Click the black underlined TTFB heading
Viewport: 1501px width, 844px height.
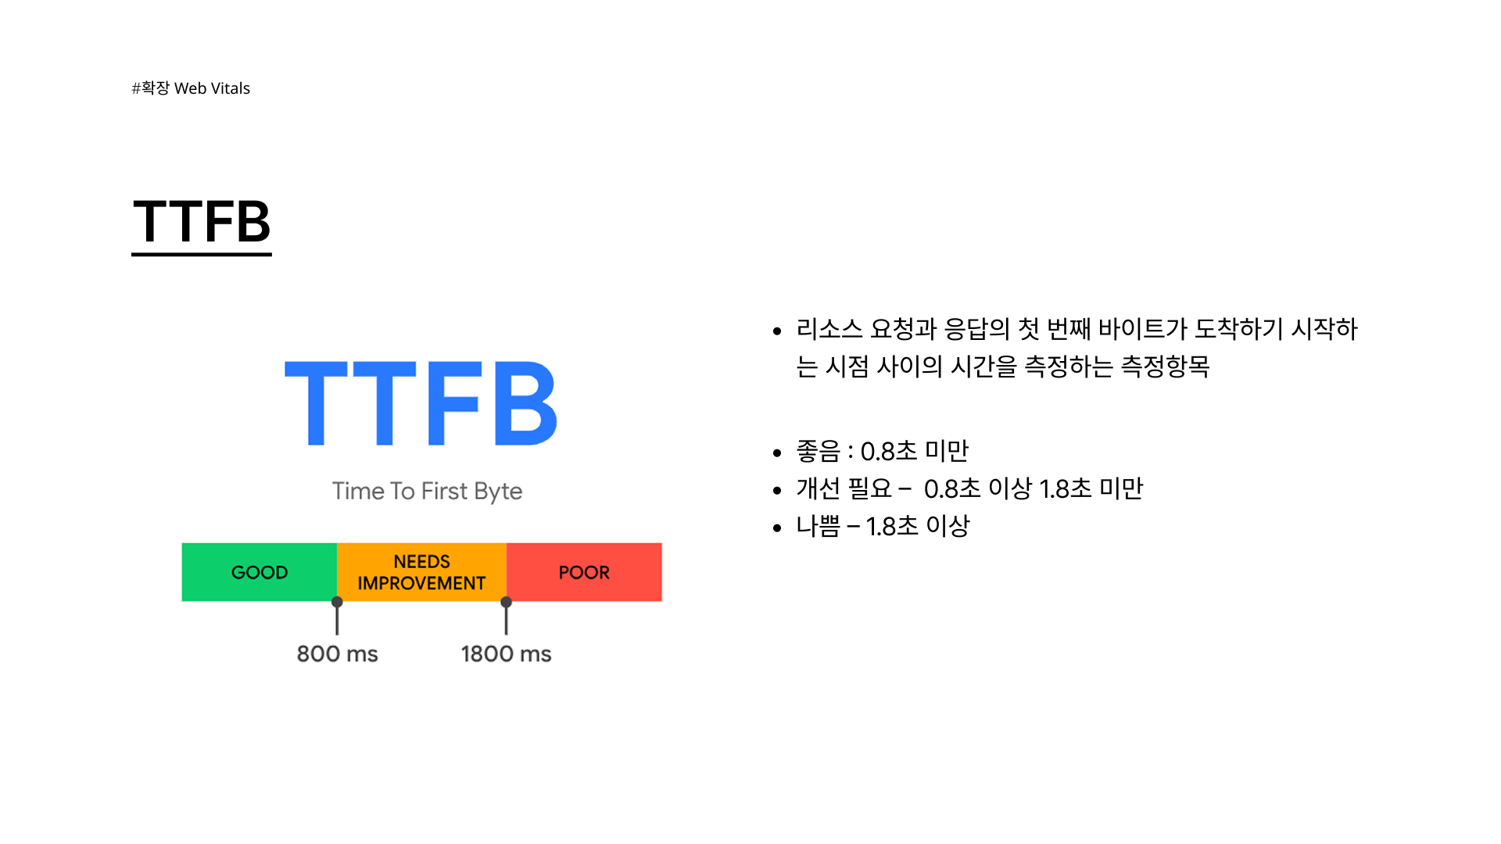202,222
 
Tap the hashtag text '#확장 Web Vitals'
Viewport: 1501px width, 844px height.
191,88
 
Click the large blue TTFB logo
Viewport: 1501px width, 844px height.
421,403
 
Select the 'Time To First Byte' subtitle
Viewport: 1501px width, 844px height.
427,491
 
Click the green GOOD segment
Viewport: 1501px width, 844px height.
260,572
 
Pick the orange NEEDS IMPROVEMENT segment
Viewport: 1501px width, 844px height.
421,572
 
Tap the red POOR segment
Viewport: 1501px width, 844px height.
584,572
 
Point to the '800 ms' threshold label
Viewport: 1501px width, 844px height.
337,653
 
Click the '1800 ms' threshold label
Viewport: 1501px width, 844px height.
506,653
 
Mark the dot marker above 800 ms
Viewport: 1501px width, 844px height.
337,602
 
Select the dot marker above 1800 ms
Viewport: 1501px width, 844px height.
507,602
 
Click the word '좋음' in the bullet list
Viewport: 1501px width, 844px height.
818,451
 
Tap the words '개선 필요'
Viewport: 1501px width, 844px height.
844,488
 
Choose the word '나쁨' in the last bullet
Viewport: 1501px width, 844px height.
818,526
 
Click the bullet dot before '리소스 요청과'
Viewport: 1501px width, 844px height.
776,331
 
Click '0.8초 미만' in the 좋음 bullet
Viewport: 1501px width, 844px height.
914,451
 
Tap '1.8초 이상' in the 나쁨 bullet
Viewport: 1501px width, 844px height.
917,526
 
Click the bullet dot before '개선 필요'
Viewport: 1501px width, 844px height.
776,491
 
